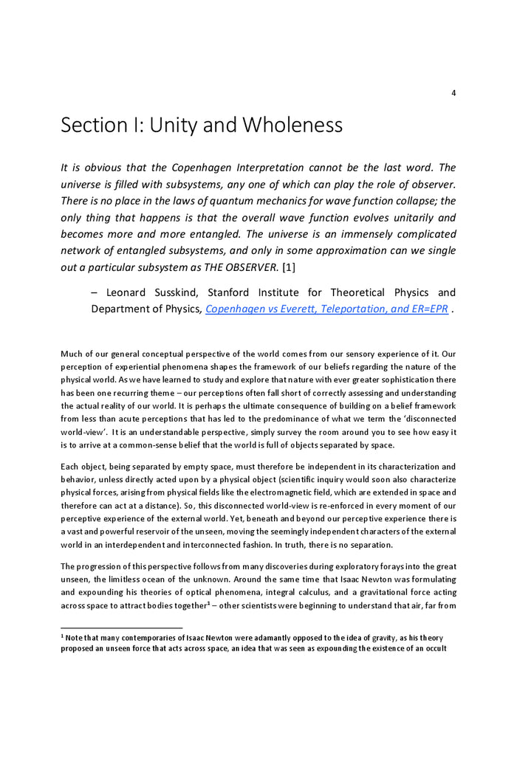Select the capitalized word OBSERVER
[244, 268]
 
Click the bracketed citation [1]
[289, 268]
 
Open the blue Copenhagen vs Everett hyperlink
[326, 309]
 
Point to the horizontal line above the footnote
[121, 628]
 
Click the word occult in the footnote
[435, 649]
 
